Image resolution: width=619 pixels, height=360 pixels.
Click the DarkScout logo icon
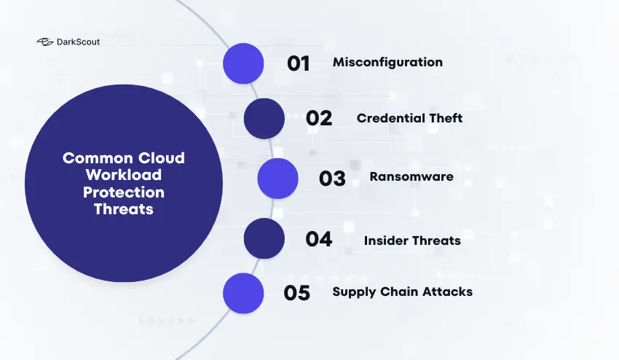[x=45, y=42]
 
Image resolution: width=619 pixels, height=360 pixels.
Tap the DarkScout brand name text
[x=78, y=42]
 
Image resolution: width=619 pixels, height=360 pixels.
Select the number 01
[x=299, y=63]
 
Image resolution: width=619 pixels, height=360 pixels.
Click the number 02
[x=319, y=119]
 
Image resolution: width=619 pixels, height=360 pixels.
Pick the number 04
[x=319, y=239]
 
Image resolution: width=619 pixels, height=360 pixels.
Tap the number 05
[x=297, y=293]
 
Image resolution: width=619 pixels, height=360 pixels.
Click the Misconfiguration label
[x=387, y=63]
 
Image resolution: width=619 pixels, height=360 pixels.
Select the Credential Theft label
[x=409, y=118]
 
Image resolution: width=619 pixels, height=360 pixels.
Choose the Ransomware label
[x=411, y=177]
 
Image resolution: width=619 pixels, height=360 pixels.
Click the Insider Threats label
[x=412, y=239]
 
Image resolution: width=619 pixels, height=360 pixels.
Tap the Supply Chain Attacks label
[x=402, y=292]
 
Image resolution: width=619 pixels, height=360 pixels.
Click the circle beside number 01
[x=243, y=63]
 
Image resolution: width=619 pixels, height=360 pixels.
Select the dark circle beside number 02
[x=264, y=119]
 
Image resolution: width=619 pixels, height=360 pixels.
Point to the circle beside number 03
[x=277, y=179]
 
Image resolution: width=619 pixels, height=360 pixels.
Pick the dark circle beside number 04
[x=264, y=238]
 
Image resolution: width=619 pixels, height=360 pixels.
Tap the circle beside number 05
[x=243, y=293]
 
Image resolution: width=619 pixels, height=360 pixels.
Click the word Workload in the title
[x=124, y=176]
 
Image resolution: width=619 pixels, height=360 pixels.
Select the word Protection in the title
[x=124, y=192]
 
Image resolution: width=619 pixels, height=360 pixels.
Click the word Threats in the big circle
[x=124, y=209]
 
